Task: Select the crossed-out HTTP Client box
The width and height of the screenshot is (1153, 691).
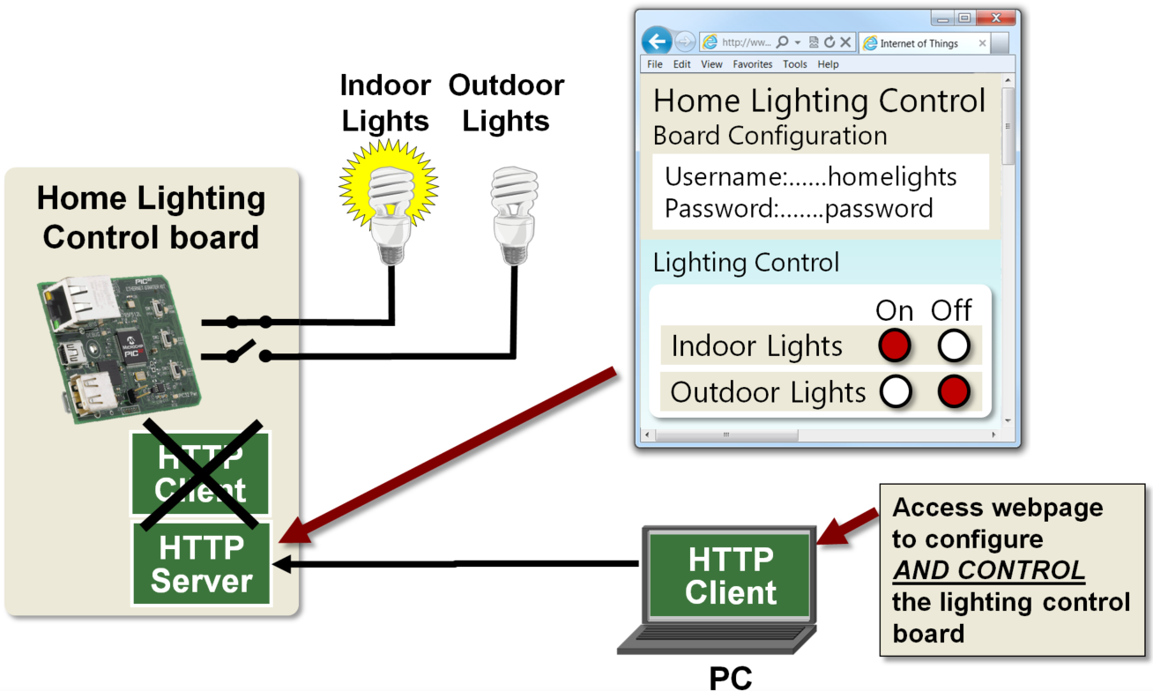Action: (201, 473)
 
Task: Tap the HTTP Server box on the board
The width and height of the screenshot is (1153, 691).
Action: (202, 564)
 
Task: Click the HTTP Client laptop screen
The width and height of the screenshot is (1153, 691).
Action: (730, 576)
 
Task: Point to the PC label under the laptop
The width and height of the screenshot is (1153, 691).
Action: (731, 677)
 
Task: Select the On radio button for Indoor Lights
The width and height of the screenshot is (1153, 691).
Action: (895, 346)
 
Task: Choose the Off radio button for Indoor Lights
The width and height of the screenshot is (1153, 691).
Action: (953, 346)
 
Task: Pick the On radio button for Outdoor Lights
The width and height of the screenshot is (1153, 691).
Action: (895, 392)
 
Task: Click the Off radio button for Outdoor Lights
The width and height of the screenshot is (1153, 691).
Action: (953, 392)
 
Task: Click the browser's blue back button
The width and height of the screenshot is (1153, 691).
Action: (657, 41)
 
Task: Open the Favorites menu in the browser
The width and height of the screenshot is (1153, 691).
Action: (752, 64)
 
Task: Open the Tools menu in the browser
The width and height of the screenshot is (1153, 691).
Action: (794, 64)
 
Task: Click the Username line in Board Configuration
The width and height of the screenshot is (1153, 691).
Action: (810, 176)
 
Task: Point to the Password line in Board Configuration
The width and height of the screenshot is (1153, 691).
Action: (798, 209)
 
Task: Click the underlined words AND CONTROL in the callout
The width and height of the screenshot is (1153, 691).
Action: (988, 570)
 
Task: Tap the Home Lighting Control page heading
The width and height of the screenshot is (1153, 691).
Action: (819, 100)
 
